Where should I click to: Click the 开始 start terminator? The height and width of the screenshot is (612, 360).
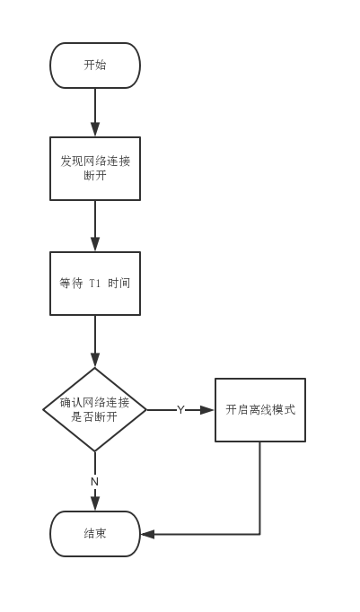coord(95,66)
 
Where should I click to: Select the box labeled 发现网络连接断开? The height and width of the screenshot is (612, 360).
coord(95,169)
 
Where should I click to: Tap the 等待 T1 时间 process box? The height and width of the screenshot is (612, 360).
coord(95,284)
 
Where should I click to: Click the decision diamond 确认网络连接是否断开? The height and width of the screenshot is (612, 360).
coord(95,410)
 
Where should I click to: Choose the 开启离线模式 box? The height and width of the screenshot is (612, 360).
coord(260,410)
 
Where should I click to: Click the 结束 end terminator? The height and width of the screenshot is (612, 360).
coord(95,534)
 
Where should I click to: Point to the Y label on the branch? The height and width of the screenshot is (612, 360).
coord(180,410)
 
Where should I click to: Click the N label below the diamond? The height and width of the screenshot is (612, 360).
coord(94,482)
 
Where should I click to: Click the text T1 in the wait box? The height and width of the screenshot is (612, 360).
coord(95,284)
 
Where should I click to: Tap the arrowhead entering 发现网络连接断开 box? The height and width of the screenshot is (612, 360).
coord(95,129)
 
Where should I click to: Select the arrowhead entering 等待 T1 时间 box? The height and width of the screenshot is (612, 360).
coord(95,244)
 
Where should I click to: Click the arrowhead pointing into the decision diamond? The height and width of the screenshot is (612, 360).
coord(95,360)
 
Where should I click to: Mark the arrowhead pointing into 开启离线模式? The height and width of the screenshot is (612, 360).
coord(207,410)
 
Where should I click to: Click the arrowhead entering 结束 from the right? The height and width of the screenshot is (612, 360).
coord(147,534)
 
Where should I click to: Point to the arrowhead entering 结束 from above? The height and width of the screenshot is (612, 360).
coord(95,504)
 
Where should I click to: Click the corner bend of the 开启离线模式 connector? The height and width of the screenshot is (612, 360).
coord(260,534)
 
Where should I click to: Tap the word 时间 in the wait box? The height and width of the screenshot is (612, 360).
coord(119,284)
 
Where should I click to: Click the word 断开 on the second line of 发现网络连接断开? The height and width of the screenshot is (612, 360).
coord(95,176)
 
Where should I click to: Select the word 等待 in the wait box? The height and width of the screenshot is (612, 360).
coord(71,284)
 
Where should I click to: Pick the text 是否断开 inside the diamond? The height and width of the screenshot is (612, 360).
coord(94,417)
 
